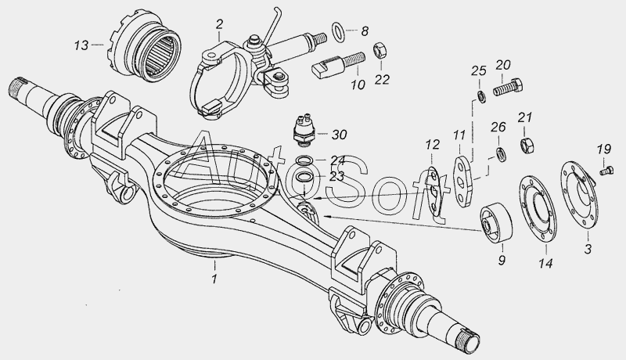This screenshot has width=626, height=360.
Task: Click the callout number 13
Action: click(x=81, y=45)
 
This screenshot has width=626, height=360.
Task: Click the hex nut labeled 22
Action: click(x=380, y=51)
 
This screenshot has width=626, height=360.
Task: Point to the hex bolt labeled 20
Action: click(x=508, y=87)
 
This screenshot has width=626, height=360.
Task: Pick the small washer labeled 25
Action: click(x=482, y=97)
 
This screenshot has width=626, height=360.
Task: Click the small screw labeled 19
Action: click(x=606, y=171)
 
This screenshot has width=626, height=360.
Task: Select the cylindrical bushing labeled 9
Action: click(x=496, y=223)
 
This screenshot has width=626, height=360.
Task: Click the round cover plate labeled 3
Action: click(x=579, y=195)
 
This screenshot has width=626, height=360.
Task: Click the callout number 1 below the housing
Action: click(x=214, y=278)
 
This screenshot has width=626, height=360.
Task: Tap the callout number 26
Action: click(x=498, y=128)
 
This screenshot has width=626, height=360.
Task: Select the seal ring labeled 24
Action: click(x=304, y=161)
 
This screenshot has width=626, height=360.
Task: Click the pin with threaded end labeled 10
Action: click(x=338, y=65)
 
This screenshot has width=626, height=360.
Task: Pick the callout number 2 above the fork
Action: click(x=219, y=24)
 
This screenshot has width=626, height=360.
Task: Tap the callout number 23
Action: click(x=337, y=176)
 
